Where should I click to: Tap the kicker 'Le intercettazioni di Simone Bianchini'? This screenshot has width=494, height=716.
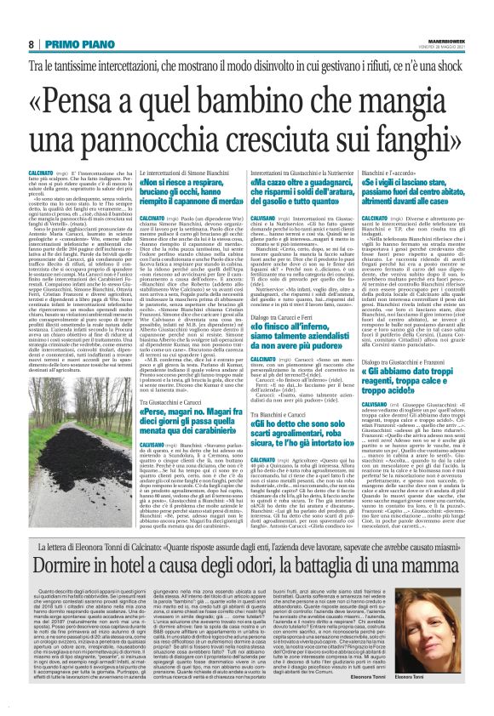pos(169,173)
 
